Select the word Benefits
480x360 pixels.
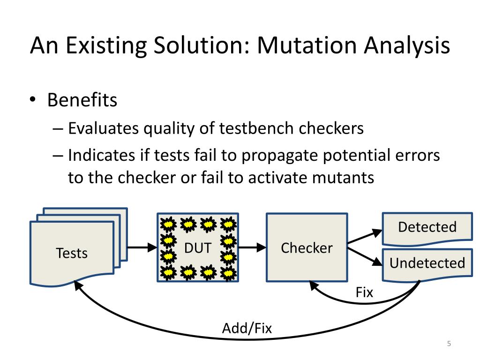[x=82, y=100]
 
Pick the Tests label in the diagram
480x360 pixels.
[x=72, y=253]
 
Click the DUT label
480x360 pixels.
[x=198, y=247]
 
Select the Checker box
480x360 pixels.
[x=307, y=247]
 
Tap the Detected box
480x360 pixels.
[x=427, y=229]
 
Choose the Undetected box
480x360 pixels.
[x=427, y=264]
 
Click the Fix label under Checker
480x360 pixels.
[x=364, y=292]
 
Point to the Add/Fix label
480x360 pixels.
[x=247, y=328]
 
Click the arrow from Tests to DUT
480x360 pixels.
[x=142, y=247]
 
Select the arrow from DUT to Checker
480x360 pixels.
[x=252, y=247]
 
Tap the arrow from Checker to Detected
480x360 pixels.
[x=365, y=236]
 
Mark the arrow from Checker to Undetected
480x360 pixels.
[x=365, y=256]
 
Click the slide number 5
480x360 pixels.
[x=449, y=344]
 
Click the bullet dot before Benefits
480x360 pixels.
[x=33, y=100]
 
